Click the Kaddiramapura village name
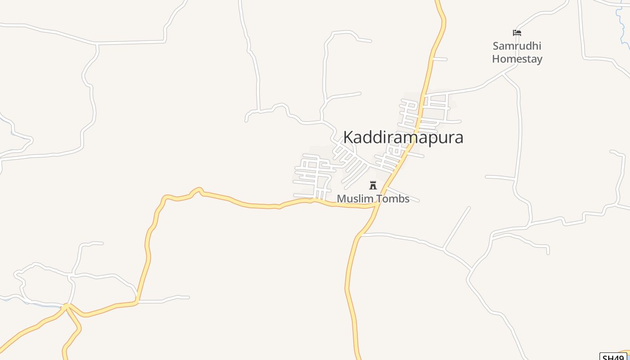403,137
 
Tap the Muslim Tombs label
373,199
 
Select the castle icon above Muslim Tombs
373,185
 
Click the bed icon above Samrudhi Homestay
517,33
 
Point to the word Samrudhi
517,46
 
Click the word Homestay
517,59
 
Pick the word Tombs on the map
394,199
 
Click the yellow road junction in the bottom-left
66,307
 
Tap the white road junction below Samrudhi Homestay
503,74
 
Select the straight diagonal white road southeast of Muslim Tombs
457,228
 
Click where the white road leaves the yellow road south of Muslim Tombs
361,235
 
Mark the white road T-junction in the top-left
96,44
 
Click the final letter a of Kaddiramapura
459,137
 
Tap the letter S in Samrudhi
496,46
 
